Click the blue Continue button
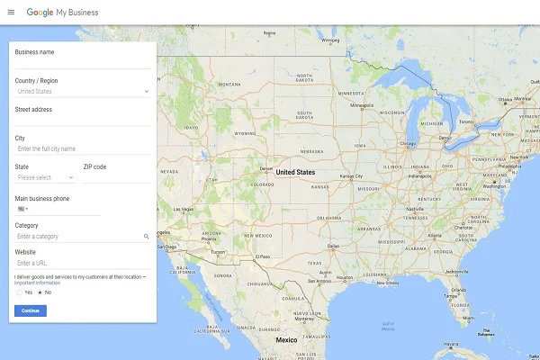[31, 310]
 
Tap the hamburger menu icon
[11, 13]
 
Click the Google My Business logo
[62, 13]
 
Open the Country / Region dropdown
[83, 91]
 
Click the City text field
[83, 148]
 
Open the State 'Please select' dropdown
[45, 177]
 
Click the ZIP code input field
[117, 177]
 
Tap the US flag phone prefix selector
[22, 209]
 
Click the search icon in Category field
[146, 236]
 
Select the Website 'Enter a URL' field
[83, 263]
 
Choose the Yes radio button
[20, 292]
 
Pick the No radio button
[40, 292]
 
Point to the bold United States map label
[295, 172]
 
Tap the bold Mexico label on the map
[286, 340]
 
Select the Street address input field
[83, 120]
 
